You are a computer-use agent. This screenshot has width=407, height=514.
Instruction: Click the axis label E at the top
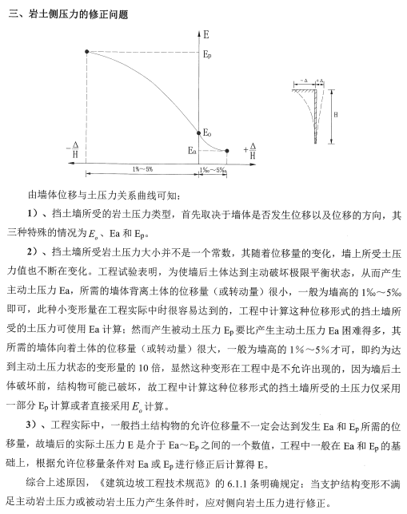click(206, 36)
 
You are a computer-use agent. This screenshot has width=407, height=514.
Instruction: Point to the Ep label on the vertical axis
click(207, 56)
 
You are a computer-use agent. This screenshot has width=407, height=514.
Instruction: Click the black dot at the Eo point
click(198, 132)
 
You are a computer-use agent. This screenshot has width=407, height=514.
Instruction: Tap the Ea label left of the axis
click(190, 149)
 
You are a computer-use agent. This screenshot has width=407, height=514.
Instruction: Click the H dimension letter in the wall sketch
click(335, 116)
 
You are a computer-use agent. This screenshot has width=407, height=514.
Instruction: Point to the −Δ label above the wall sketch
click(305, 81)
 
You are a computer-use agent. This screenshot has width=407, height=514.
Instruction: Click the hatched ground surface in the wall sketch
click(304, 90)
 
